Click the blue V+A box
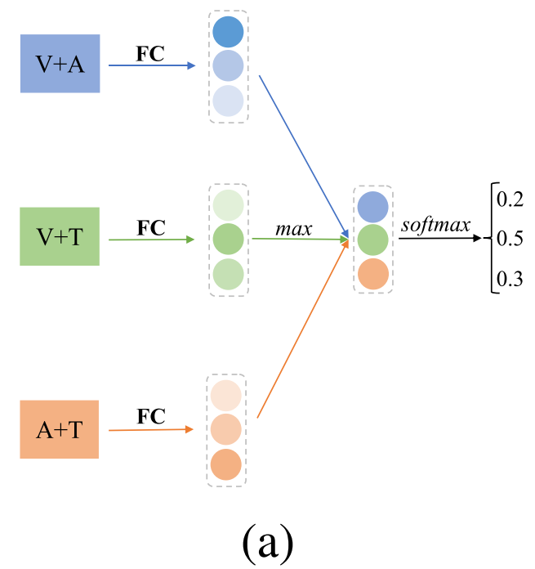(60, 63)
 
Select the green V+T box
(60, 236)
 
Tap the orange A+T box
(60, 429)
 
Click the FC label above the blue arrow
(151, 54)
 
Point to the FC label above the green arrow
(151, 227)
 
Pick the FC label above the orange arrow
(151, 417)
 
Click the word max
(293, 228)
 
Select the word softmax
(435, 223)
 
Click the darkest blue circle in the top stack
(228, 32)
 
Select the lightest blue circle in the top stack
(228, 101)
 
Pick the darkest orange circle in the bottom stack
(225, 464)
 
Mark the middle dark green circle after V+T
(228, 240)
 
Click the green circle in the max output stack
(372, 240)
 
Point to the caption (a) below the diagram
(265, 539)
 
